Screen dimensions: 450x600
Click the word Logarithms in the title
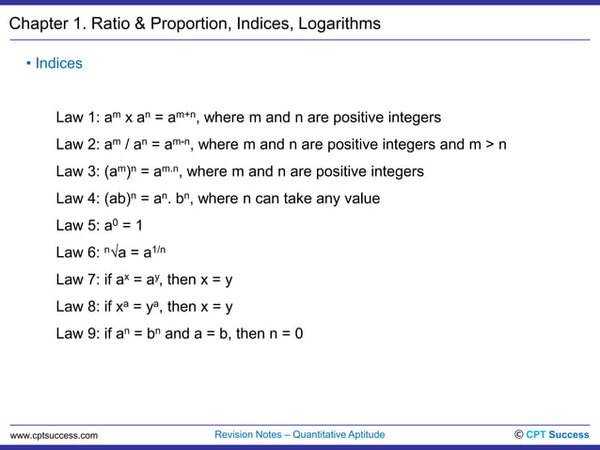[x=335, y=24]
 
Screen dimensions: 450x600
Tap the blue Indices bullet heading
[x=58, y=64]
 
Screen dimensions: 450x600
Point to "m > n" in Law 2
[x=486, y=145]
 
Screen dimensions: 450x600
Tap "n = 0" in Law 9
[x=284, y=333]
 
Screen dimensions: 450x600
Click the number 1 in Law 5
[x=137, y=226]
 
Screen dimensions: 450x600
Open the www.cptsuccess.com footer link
[x=54, y=436]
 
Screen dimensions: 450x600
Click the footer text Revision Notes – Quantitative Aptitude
[x=300, y=435]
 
